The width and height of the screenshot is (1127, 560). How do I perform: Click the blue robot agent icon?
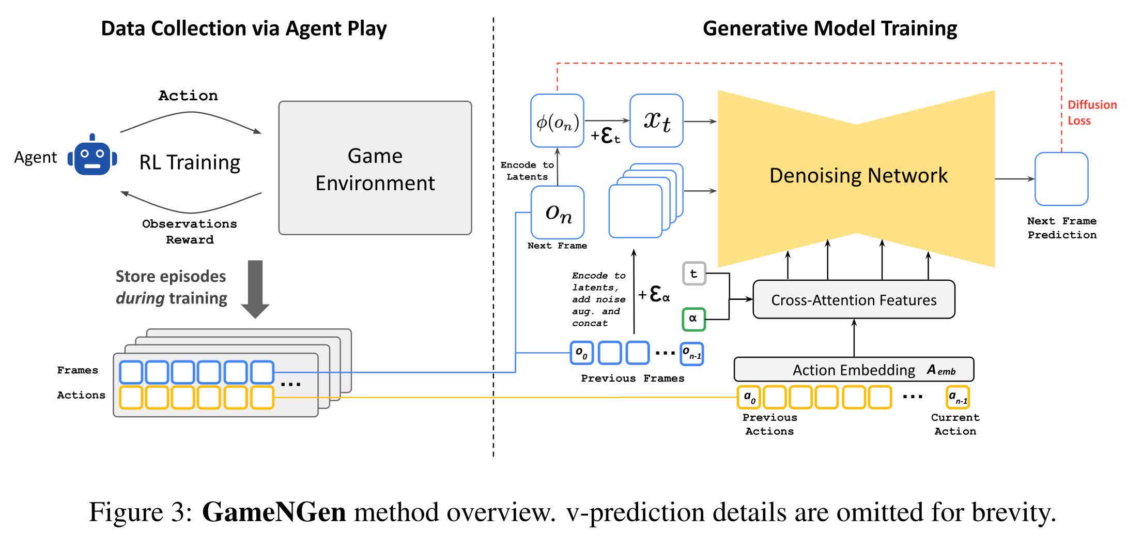[92, 156]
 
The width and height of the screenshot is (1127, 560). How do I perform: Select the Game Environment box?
[375, 168]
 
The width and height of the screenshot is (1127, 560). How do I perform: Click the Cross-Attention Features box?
[854, 299]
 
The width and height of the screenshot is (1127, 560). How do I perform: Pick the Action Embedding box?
[854, 369]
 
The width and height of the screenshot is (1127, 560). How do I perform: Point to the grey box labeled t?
[693, 274]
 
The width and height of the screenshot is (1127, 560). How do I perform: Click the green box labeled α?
[693, 319]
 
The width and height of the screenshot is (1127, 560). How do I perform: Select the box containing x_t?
[656, 120]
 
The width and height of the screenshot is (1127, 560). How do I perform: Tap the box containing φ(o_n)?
[557, 120]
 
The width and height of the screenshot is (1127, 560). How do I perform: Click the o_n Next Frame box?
[558, 212]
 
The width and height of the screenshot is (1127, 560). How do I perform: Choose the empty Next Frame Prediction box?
[1061, 179]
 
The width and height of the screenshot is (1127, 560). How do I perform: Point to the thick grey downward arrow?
[255, 287]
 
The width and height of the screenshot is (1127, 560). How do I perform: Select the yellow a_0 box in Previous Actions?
[749, 397]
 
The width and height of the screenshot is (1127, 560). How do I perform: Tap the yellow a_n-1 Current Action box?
[957, 397]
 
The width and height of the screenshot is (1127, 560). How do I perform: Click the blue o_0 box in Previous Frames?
[581, 353]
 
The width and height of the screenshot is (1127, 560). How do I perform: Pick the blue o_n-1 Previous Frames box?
[691, 354]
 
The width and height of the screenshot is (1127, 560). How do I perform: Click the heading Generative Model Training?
[829, 28]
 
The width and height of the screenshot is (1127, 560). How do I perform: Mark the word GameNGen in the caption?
[274, 512]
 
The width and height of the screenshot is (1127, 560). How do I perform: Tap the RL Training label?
[190, 162]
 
